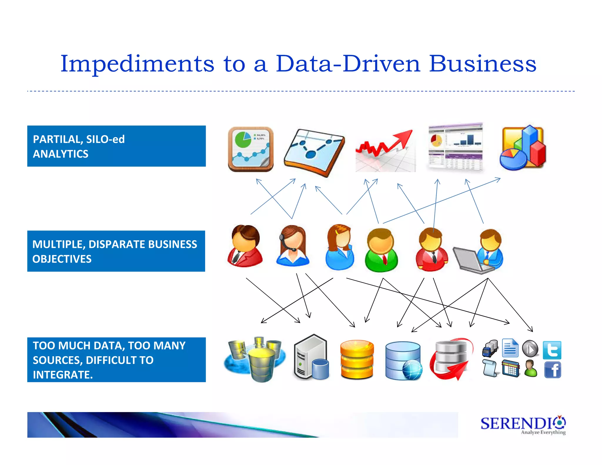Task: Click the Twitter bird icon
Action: tap(552, 350)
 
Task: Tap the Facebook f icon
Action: tap(553, 370)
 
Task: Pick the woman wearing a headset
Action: tap(293, 246)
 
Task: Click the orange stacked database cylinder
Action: tap(357, 359)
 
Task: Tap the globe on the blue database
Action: tap(412, 370)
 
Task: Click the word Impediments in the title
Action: tap(137, 64)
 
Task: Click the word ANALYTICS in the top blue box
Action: tap(61, 154)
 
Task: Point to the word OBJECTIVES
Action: tap(62, 259)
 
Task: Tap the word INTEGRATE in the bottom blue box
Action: tap(62, 375)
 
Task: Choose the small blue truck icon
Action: tap(490, 348)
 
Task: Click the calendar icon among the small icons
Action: tap(511, 368)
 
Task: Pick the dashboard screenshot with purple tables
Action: tap(455, 147)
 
